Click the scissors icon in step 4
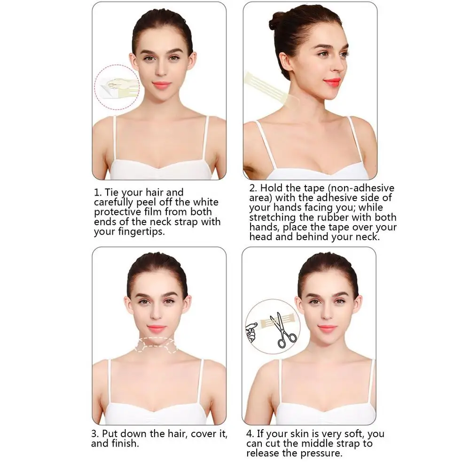(x=283, y=330)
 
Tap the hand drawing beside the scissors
(x=252, y=331)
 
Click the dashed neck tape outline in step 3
(x=156, y=345)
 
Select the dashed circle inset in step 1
(x=117, y=87)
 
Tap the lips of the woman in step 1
(x=161, y=85)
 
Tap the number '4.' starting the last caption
(x=250, y=434)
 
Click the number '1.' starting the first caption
(x=98, y=192)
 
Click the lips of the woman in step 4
(x=327, y=329)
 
